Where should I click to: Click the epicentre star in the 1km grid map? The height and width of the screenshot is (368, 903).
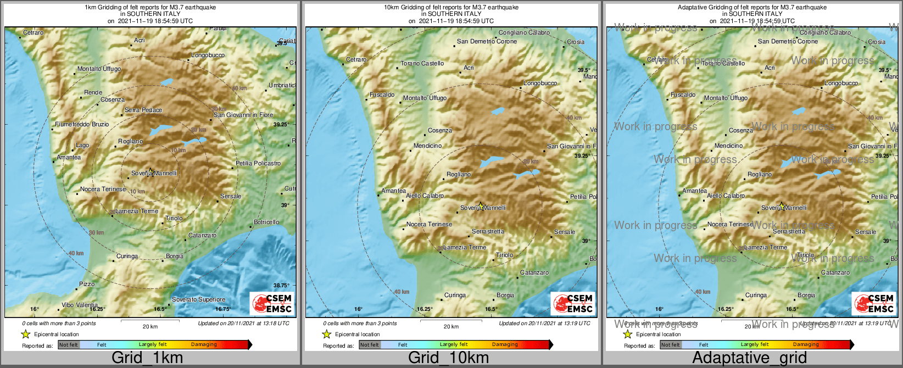coord(151,171)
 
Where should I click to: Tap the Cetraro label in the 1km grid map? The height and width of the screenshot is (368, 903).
coord(33,33)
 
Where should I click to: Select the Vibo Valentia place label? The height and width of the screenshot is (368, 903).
coord(80,305)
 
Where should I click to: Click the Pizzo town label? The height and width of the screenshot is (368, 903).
coord(87,284)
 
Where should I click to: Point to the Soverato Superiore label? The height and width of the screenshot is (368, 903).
coord(198,299)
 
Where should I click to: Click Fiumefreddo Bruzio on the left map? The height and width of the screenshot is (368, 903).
coord(82,124)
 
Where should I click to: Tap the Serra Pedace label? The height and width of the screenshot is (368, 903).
coord(143,110)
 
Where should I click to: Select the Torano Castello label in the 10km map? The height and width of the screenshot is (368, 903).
coord(422,63)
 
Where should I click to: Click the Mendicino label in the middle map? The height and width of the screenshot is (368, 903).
coord(427,146)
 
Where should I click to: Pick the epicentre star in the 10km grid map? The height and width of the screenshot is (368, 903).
coord(481,206)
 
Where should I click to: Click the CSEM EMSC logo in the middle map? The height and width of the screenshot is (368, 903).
coord(574,303)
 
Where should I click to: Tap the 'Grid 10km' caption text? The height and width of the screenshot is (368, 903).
coord(448,358)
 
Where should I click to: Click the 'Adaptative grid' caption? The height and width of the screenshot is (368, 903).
coord(749,358)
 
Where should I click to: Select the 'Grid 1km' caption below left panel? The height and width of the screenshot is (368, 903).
coord(147,358)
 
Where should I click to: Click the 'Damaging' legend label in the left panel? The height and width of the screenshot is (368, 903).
coord(204,344)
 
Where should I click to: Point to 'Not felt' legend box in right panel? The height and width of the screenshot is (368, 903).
coord(671,345)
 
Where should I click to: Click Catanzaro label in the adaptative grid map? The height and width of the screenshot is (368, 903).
coord(835,272)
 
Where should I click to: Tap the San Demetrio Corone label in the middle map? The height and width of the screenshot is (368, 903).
coord(487,41)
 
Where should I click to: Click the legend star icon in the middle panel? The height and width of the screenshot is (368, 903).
coord(326,334)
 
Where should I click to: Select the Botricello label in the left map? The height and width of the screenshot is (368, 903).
coord(266,222)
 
